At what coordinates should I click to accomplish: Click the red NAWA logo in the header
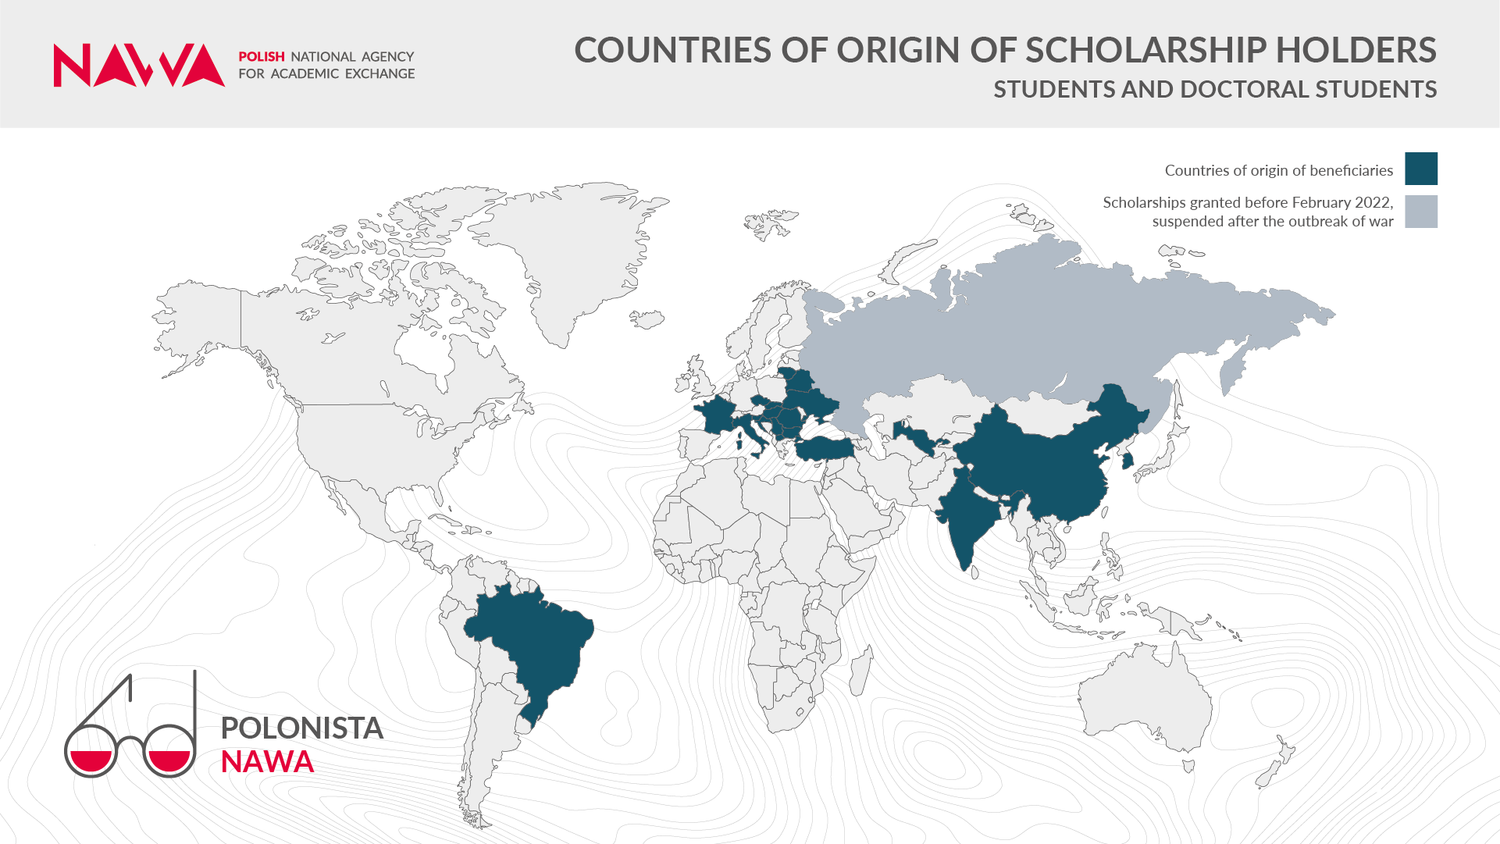point(138,66)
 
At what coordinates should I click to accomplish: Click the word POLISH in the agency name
point(261,57)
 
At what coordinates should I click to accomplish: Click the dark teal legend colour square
point(1420,169)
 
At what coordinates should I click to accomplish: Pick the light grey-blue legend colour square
point(1420,212)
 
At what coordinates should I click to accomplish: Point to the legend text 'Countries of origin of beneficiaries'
point(1278,170)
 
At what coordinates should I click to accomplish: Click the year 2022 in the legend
point(1373,203)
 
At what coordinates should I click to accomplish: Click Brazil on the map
point(539,640)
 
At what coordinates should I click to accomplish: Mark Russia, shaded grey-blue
point(1015,328)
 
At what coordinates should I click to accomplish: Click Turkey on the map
point(824,449)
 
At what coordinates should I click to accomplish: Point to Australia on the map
point(1140,703)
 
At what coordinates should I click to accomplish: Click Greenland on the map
point(578,250)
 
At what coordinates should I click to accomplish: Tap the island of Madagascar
point(860,671)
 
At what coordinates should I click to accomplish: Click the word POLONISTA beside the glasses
point(301,728)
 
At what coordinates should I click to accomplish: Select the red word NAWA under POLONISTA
point(267,762)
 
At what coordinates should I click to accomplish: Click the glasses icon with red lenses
point(130,738)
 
